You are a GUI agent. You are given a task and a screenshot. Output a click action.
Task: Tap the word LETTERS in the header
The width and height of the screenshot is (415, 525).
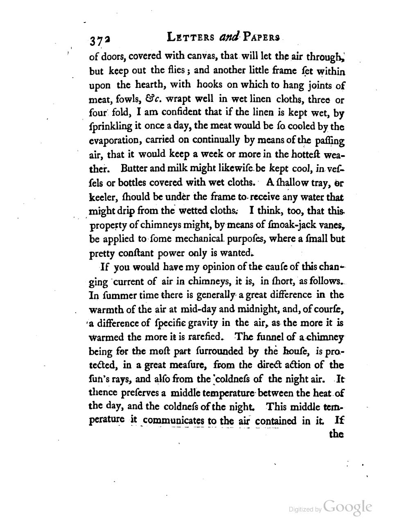pos(191,37)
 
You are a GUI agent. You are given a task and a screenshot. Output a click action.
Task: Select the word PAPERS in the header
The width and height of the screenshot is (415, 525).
pos(261,37)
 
